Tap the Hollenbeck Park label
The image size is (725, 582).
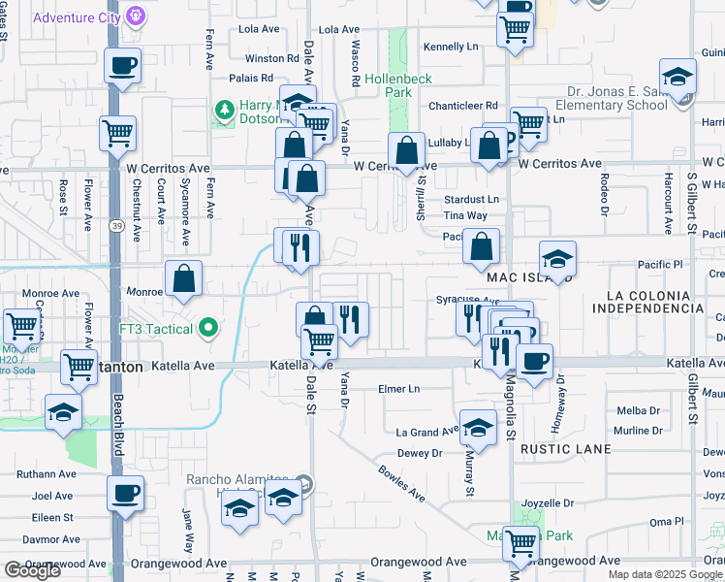397,85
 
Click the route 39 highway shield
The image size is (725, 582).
115,226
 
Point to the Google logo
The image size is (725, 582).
32,570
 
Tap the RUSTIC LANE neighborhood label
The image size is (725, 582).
565,449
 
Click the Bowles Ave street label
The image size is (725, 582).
402,482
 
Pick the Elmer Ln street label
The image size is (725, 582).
399,389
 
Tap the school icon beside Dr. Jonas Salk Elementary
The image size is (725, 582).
678,76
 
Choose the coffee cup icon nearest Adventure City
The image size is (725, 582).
122,66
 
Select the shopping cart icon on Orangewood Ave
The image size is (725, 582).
521,543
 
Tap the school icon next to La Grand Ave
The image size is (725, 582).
477,426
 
